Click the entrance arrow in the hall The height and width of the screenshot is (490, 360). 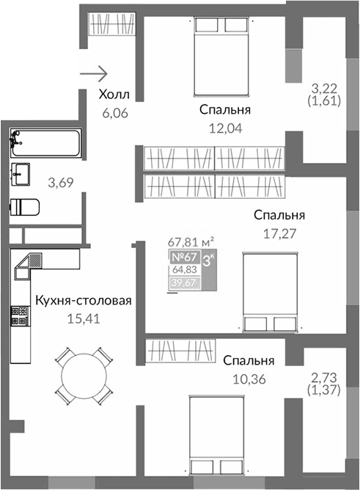coord(95,73)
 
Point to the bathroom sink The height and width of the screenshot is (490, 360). coord(20,174)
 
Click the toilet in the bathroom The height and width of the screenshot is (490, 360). coord(25,205)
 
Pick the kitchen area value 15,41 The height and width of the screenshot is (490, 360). coord(82,319)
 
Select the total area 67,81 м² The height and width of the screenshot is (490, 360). coord(191,240)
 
